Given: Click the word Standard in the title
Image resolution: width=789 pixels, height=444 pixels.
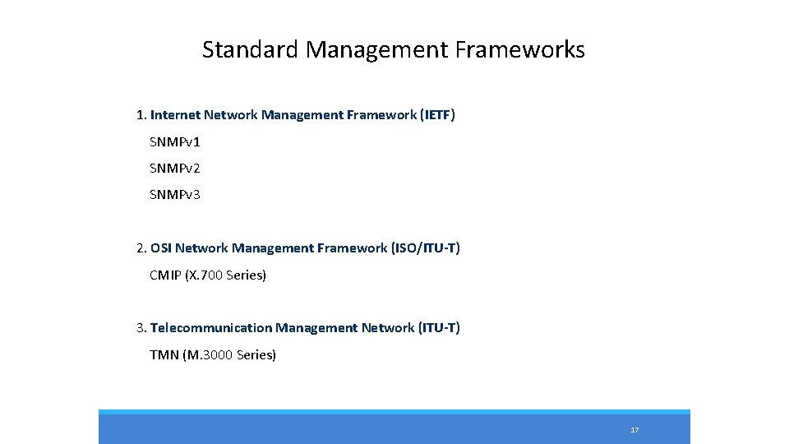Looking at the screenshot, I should tap(251, 50).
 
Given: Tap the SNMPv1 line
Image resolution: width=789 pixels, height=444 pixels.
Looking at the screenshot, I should tap(175, 142).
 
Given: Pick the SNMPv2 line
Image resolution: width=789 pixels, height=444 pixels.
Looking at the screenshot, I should tap(175, 169).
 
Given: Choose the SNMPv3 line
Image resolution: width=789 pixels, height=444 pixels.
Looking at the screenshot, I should tap(175, 195).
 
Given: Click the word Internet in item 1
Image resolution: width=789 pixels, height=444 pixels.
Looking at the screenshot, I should tap(175, 115).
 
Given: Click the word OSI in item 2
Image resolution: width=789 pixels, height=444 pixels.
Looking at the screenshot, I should tap(161, 248).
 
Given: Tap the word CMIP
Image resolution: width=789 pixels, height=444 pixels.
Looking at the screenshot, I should tap(165, 275).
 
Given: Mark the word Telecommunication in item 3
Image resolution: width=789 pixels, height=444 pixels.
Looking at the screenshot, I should tap(210, 328).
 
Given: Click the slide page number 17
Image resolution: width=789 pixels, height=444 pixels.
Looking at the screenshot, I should tap(634, 430).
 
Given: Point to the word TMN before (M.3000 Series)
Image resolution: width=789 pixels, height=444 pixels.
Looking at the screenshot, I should tap(164, 355).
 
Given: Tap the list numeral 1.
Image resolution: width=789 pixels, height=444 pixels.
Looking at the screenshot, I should tap(141, 115).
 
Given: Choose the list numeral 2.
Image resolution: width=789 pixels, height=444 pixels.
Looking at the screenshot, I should tap(141, 248).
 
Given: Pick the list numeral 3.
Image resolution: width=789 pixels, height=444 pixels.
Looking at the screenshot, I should tap(141, 328).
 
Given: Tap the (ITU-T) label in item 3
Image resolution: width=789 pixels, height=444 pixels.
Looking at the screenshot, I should tap(440, 328).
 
